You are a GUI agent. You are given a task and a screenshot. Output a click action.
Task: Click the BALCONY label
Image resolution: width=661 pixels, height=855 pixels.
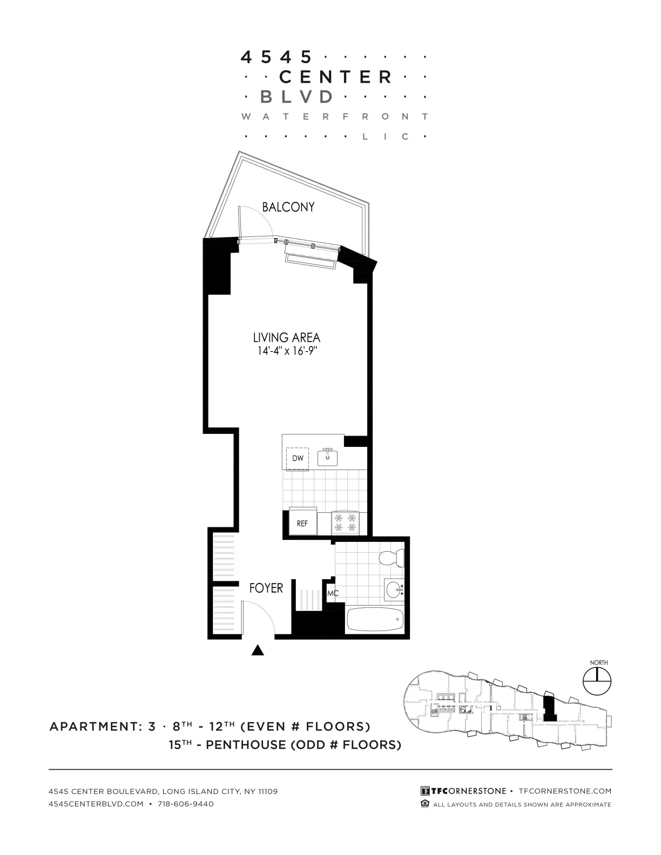click(x=288, y=207)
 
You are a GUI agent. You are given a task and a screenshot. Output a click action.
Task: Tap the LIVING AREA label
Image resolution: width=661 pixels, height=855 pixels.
click(x=286, y=338)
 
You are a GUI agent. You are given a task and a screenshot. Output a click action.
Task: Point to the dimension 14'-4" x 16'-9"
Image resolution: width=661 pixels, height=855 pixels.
click(x=286, y=352)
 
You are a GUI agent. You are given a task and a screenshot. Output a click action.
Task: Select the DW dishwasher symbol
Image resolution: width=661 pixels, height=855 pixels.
click(x=298, y=459)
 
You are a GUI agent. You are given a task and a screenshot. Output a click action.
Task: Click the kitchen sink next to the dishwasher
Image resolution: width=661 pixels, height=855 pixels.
click(x=327, y=457)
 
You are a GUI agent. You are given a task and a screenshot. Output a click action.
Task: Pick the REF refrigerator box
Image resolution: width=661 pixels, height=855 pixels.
click(x=302, y=522)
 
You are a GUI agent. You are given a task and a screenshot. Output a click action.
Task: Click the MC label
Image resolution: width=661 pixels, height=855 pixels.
click(x=333, y=594)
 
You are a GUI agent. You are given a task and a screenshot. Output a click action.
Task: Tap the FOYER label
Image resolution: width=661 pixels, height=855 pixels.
click(x=266, y=588)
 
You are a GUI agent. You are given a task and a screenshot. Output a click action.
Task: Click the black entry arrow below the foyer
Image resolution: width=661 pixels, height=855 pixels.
click(x=258, y=650)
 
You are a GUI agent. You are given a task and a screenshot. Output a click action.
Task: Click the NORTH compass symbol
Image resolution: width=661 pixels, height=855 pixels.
click(x=598, y=681)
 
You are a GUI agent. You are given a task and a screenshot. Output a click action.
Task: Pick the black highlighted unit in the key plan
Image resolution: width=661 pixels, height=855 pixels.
click(x=549, y=708)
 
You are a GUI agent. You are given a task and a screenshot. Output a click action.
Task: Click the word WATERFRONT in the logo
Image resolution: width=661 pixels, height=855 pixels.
click(x=335, y=117)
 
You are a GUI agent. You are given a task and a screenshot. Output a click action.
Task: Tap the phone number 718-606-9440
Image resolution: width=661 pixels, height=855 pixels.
click(x=186, y=804)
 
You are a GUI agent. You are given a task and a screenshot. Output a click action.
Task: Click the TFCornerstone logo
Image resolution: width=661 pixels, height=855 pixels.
click(x=463, y=791)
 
